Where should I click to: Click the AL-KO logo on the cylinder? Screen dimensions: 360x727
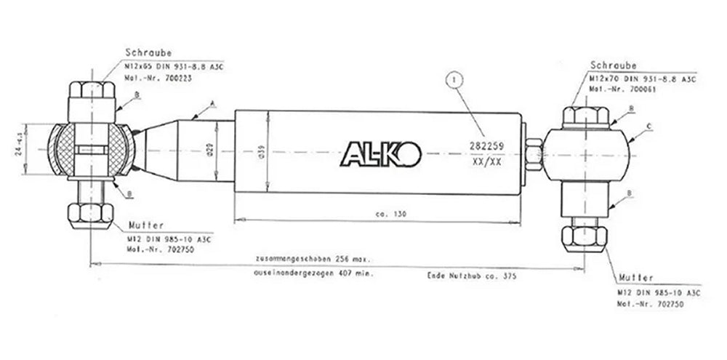coord(379,154)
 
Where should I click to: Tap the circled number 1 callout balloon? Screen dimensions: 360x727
coord(454,77)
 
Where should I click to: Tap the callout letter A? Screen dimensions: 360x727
coord(212,104)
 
